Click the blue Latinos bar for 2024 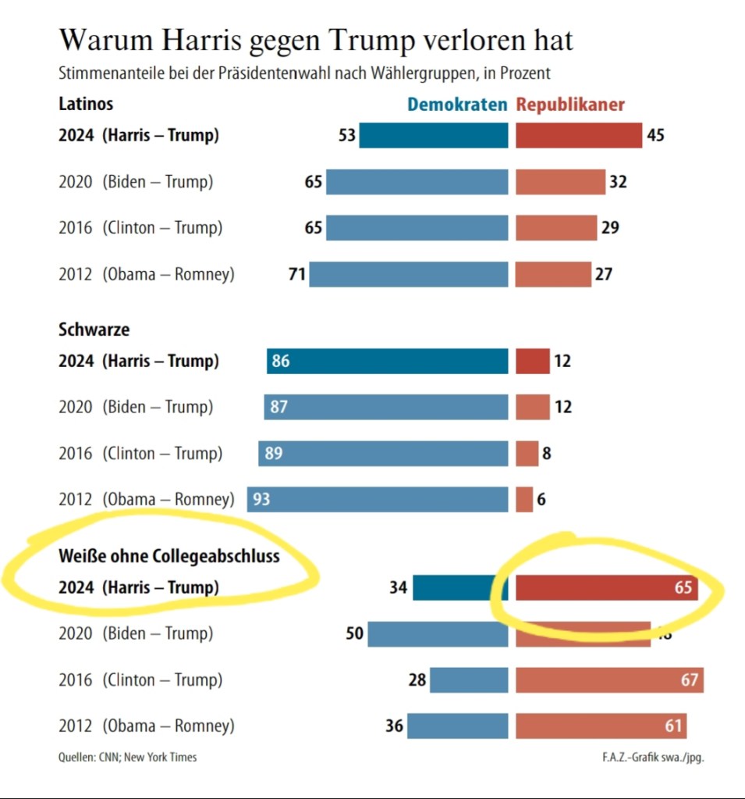coord(433,136)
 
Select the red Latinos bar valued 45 coord(578,136)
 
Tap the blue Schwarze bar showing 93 coord(378,499)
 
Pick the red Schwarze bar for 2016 coord(527,453)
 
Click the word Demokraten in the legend coord(457,105)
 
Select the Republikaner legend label coord(570,105)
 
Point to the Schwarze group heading coord(94,330)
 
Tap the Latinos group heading coord(86,104)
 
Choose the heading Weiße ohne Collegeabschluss coord(169,556)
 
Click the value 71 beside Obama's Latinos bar coord(297,275)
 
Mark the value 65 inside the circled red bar coord(683,587)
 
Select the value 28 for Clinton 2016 coord(417,680)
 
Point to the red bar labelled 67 coord(608,680)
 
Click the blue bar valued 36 coord(457,726)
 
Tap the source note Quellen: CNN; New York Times coord(127,757)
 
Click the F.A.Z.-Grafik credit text coord(648,757)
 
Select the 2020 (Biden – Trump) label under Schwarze coord(136,407)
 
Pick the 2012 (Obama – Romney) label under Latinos coord(147,275)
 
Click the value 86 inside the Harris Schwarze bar coord(281,362)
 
